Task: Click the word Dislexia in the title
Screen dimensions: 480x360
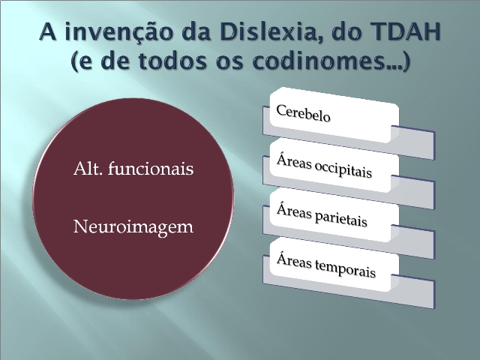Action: (270, 31)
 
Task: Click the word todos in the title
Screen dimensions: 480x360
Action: (173, 60)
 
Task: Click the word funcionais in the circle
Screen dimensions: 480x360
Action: (151, 168)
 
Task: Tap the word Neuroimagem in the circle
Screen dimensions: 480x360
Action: (133, 227)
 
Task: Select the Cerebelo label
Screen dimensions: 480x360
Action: (303, 113)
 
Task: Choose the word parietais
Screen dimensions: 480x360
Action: (340, 218)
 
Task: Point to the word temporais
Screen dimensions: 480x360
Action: (345, 268)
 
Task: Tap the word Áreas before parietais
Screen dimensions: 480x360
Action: (294, 211)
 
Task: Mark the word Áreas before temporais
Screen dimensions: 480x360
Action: (294, 260)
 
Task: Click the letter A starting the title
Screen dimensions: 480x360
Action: (48, 31)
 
